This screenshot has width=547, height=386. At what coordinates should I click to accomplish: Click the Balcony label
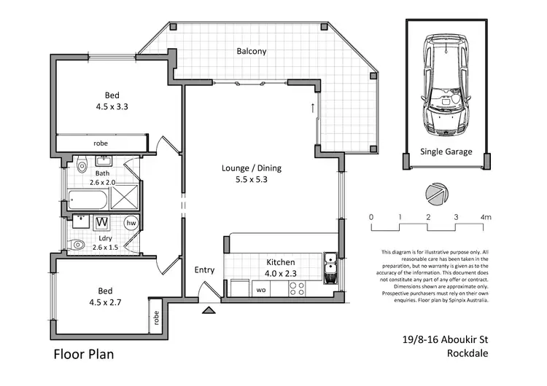(252, 51)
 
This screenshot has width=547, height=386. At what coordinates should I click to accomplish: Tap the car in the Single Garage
(446, 84)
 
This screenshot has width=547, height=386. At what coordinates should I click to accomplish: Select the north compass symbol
(437, 194)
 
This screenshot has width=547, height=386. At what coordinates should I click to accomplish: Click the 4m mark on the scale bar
(486, 217)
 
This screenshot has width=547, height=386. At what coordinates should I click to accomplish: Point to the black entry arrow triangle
(209, 310)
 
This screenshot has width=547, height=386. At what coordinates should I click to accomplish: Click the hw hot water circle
(131, 223)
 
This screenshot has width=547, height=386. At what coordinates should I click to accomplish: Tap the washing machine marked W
(102, 222)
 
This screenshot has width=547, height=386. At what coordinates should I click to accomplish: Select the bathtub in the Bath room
(88, 200)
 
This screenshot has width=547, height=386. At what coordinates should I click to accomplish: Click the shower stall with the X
(125, 197)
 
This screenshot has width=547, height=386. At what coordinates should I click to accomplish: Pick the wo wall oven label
(261, 290)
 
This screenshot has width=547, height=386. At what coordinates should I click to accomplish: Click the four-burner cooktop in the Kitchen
(297, 289)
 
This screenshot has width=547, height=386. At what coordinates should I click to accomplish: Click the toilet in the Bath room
(82, 164)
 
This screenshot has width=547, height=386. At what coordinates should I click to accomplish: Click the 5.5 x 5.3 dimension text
(252, 179)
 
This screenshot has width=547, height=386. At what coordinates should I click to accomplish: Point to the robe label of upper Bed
(101, 143)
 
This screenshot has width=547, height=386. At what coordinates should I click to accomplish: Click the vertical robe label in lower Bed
(156, 318)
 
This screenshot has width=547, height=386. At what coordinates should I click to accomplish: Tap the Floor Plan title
(84, 354)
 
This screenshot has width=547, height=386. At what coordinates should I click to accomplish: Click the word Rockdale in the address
(468, 353)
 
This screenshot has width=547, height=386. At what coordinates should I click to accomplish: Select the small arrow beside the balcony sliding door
(313, 108)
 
